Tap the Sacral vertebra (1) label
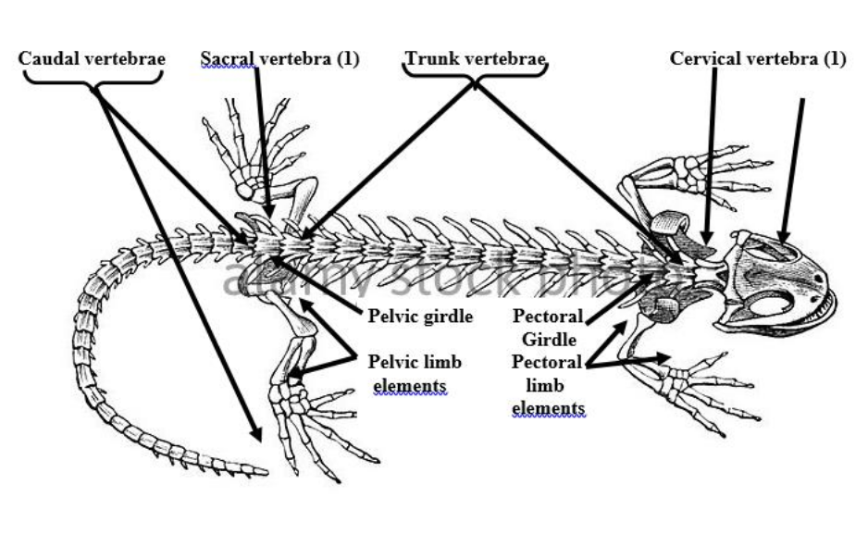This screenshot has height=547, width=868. pyautogui.click(x=279, y=59)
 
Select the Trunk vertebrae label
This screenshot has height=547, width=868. pyautogui.click(x=476, y=59)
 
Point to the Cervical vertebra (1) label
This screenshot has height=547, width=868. pyautogui.click(x=758, y=59)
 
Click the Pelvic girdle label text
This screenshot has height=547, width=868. pyautogui.click(x=420, y=317)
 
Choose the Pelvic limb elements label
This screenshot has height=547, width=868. pyautogui.click(x=415, y=373)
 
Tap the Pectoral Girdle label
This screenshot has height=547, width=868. pyautogui.click(x=548, y=328)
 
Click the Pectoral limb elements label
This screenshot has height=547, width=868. pyautogui.click(x=548, y=384)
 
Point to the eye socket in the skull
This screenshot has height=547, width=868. pyautogui.click(x=774, y=304)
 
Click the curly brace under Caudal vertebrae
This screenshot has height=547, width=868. pyautogui.click(x=93, y=79)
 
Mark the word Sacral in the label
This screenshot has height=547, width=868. pyautogui.click(x=225, y=59)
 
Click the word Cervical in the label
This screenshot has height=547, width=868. pyautogui.click(x=705, y=59)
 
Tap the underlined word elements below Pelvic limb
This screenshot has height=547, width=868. pyautogui.click(x=410, y=385)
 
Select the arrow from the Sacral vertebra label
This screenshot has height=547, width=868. pyautogui.click(x=263, y=139)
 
